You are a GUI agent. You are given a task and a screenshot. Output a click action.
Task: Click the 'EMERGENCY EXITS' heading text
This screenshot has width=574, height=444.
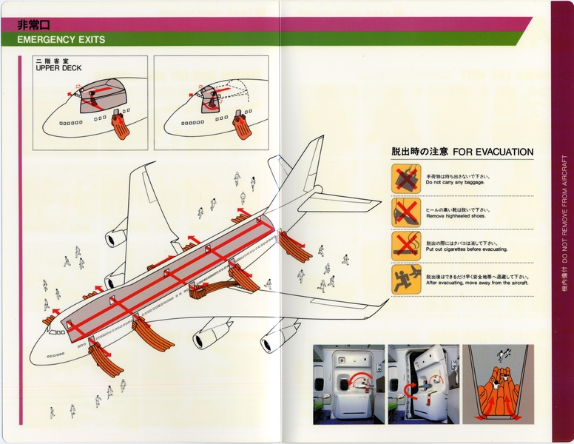click(x=61, y=40)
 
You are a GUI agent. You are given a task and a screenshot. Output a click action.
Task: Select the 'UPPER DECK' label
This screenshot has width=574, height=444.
click(x=58, y=69)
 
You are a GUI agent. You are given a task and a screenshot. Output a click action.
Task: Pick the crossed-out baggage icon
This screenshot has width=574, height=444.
click(x=405, y=178)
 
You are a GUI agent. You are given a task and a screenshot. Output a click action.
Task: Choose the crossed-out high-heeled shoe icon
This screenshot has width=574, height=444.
click(x=405, y=212)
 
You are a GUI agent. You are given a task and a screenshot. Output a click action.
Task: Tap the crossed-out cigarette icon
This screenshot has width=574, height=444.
click(x=405, y=246)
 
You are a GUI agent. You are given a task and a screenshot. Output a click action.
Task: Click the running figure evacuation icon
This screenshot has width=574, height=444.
click(x=405, y=280)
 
